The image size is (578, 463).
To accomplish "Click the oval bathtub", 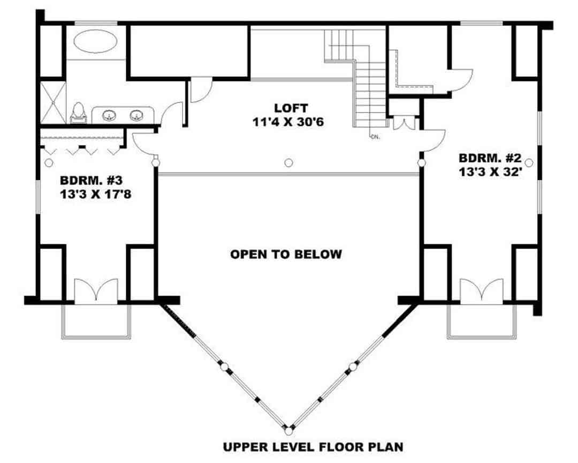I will pyautogui.click(x=96, y=41).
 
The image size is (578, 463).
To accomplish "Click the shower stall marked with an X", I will pyautogui.click(x=52, y=102).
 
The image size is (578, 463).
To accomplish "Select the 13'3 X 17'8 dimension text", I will pyautogui.click(x=96, y=193).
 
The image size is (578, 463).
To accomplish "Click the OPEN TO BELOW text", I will pyautogui.click(x=286, y=254).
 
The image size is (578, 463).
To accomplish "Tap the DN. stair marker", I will pyautogui.click(x=375, y=137).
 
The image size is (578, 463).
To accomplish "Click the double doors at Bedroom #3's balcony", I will pyautogui.click(x=95, y=292).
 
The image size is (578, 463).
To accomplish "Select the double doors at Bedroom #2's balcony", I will pyautogui.click(x=482, y=292).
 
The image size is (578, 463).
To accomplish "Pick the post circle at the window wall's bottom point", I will pyautogui.click(x=288, y=430).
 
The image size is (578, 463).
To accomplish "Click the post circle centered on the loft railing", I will pyautogui.click(x=288, y=162).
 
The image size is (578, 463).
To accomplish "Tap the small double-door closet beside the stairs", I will pyautogui.click(x=404, y=123).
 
